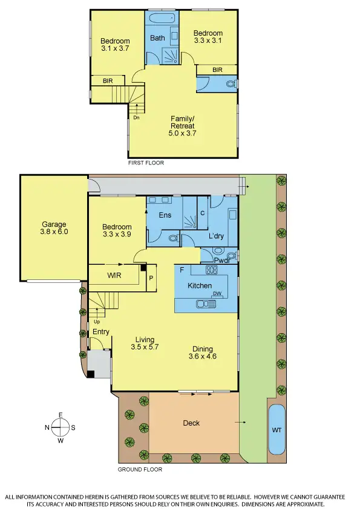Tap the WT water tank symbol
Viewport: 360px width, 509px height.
(277, 430)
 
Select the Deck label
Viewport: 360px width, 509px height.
(191, 423)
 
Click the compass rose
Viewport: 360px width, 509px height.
(60, 427)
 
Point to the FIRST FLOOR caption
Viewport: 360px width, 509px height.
(146, 163)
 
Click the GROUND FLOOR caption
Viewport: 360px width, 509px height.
(140, 469)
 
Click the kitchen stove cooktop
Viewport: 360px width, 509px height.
(212, 270)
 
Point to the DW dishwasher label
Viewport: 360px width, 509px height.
(216, 294)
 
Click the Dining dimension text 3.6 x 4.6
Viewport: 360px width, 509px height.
(202, 356)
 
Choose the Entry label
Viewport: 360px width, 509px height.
(100, 332)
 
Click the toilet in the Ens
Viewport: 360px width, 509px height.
(172, 239)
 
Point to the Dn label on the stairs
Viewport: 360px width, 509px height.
(136, 118)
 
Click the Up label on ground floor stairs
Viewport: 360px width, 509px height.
(96, 322)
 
